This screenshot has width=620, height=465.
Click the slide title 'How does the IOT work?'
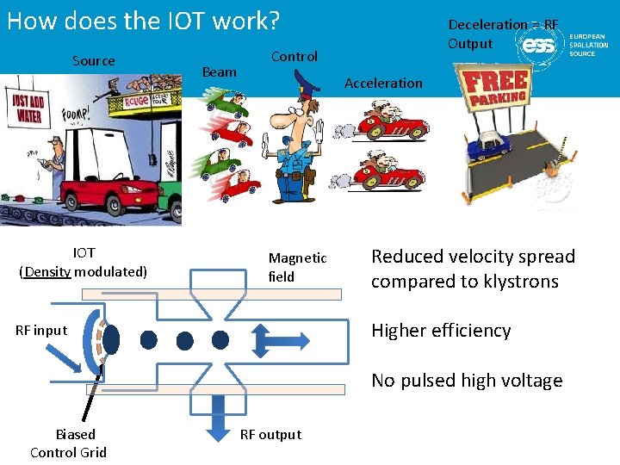[144, 21]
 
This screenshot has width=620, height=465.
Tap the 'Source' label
[94, 60]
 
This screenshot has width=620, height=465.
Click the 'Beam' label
[219, 72]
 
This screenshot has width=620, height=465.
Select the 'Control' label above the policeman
[294, 57]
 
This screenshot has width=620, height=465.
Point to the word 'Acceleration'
[383, 84]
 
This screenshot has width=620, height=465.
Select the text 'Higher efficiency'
[441, 331]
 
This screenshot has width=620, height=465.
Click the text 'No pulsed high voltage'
[467, 381]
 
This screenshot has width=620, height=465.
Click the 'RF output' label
[270, 434]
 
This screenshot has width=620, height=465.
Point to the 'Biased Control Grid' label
[69, 443]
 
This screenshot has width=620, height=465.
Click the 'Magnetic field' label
[297, 267]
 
